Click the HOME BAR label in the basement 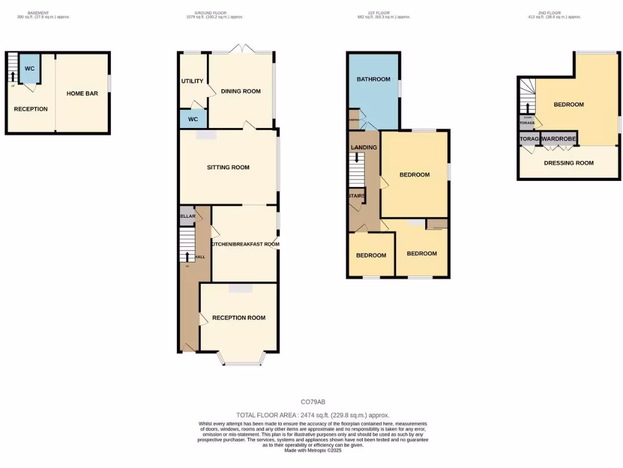pos(82,93)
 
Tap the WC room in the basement pos(29,69)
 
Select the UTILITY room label pos(192,81)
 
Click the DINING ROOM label pos(241,91)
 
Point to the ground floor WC pos(193,119)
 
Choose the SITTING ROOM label pos(228,168)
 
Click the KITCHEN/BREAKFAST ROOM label pos(245,244)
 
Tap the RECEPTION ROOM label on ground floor pos(239,317)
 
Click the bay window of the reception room pos(239,360)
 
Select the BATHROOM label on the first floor pos(374,79)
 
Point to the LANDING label pos(364,147)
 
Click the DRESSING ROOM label pos(569,163)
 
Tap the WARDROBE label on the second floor pos(559,139)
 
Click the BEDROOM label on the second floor pos(569,104)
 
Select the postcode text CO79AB pos(313,402)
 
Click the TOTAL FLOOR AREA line pos(313,415)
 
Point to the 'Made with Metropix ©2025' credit pos(313,450)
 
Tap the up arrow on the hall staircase pos(187,257)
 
